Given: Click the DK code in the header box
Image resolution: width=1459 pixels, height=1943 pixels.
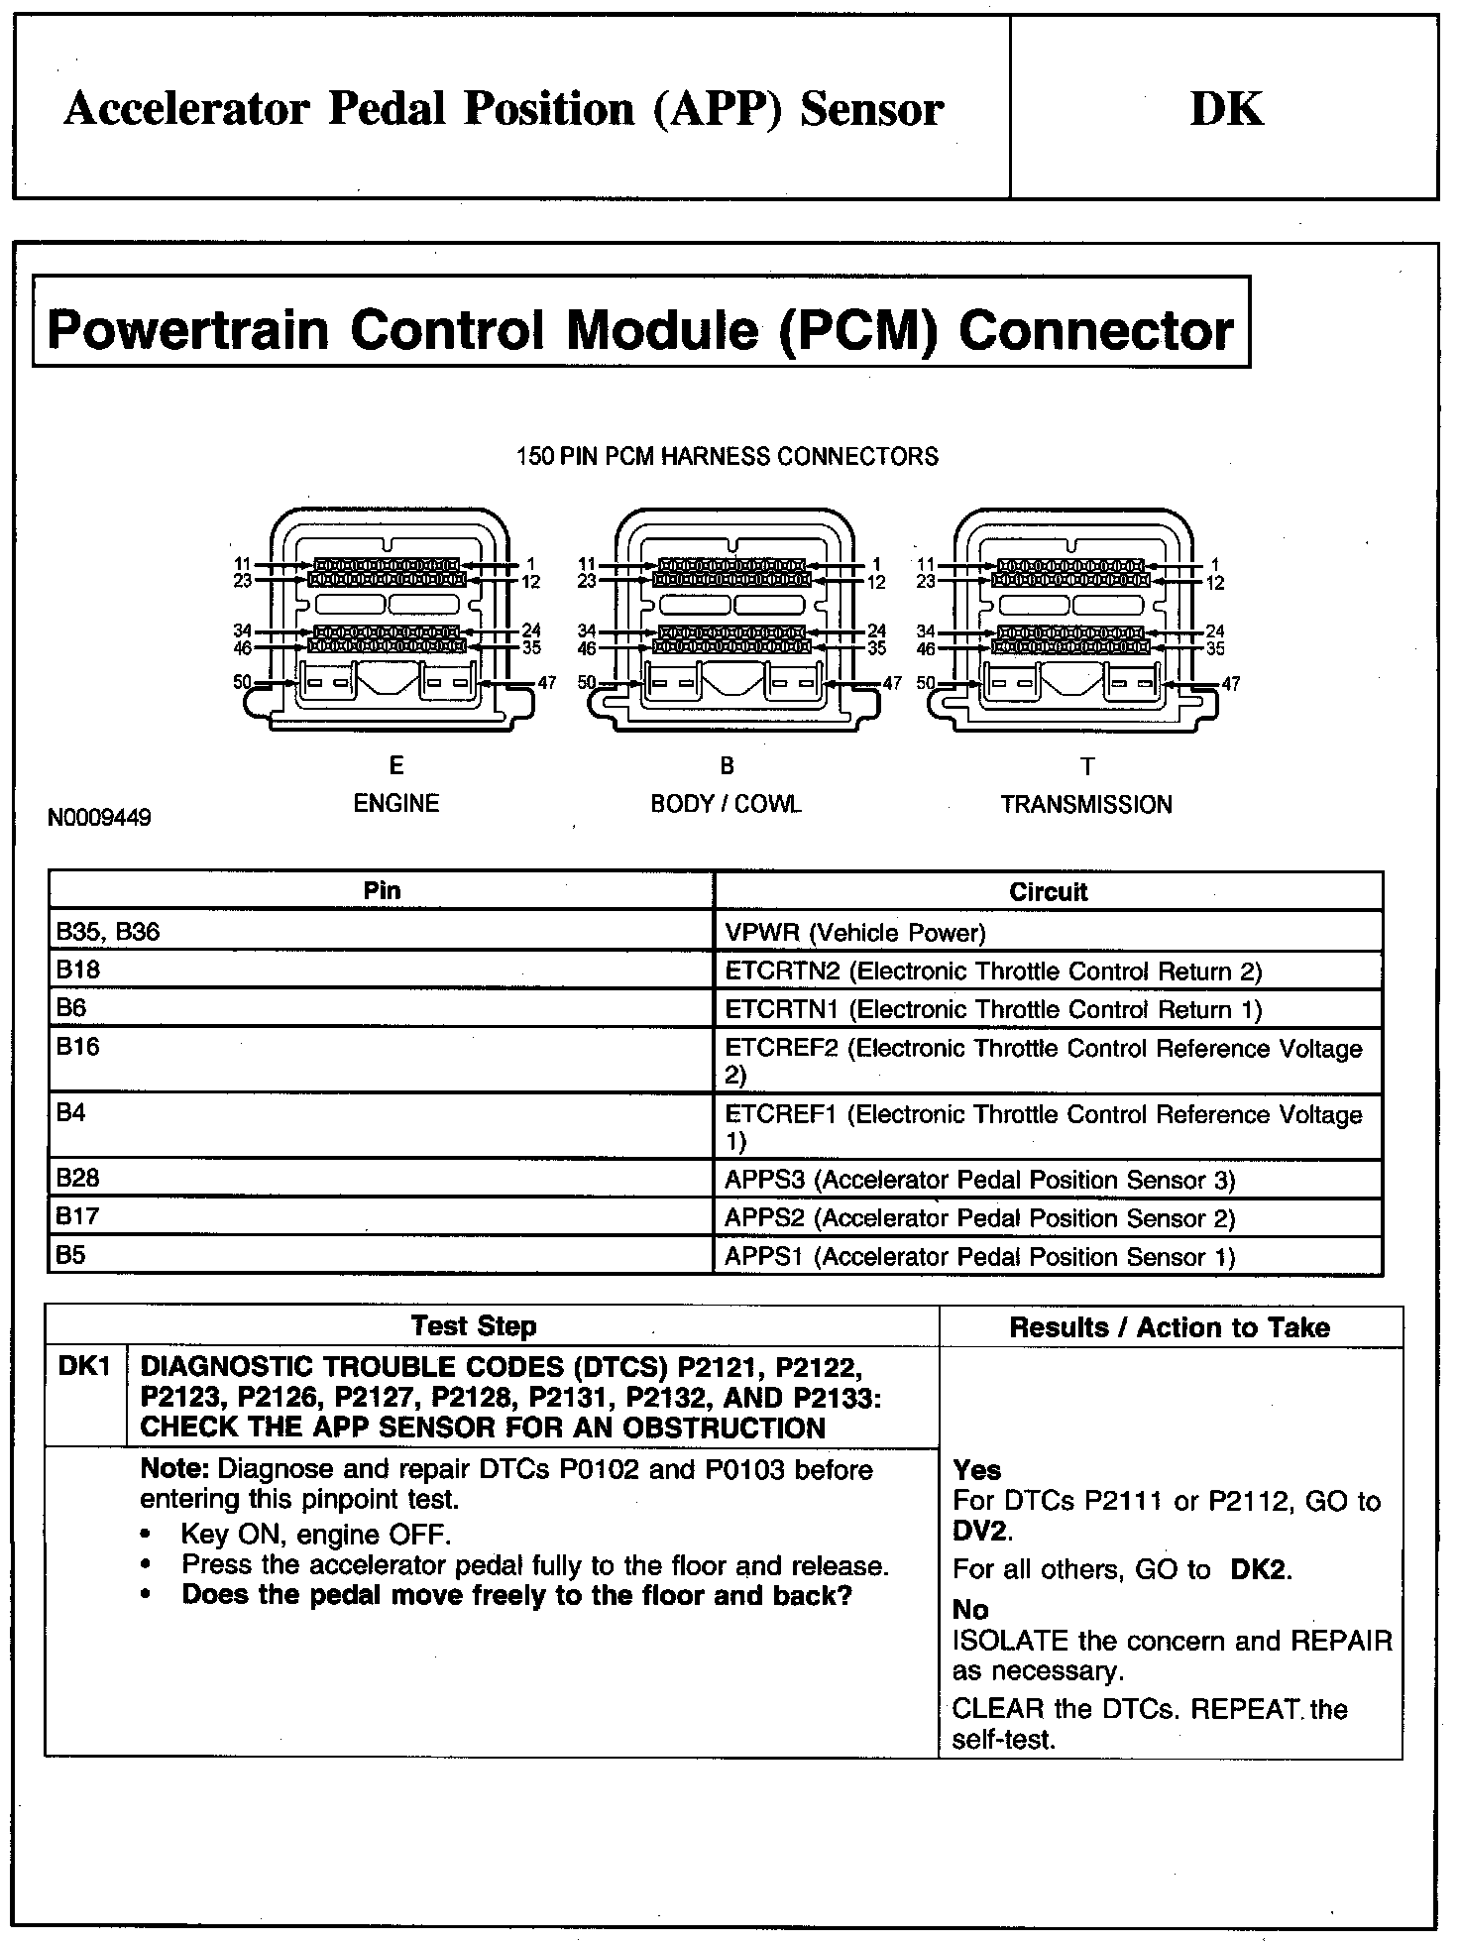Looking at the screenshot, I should (1226, 109).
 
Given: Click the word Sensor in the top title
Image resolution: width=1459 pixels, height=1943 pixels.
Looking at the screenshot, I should (871, 109).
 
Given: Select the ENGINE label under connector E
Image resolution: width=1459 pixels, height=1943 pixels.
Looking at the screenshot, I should (396, 803).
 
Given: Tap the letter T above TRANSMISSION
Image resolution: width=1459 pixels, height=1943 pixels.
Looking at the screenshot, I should (1087, 767).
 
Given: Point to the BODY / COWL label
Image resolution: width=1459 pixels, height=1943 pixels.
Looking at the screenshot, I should (726, 804).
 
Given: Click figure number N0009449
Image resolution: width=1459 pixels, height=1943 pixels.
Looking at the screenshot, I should (99, 819).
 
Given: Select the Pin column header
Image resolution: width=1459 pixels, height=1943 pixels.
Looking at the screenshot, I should (382, 890).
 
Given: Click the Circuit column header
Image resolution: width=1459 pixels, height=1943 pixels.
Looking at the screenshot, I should (1048, 891).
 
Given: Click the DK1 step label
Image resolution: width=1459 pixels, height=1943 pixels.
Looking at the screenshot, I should (84, 1366).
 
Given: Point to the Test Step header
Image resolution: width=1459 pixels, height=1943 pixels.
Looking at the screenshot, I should (474, 1326).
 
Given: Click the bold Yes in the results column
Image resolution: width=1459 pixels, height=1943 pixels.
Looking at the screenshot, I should (976, 1470).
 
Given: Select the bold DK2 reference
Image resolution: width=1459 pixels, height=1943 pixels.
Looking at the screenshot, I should (1260, 1570).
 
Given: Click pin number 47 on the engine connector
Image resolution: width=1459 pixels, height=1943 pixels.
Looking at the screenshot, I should (546, 683).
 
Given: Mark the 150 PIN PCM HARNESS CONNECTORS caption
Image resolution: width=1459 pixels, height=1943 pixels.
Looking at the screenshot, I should (727, 457).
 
